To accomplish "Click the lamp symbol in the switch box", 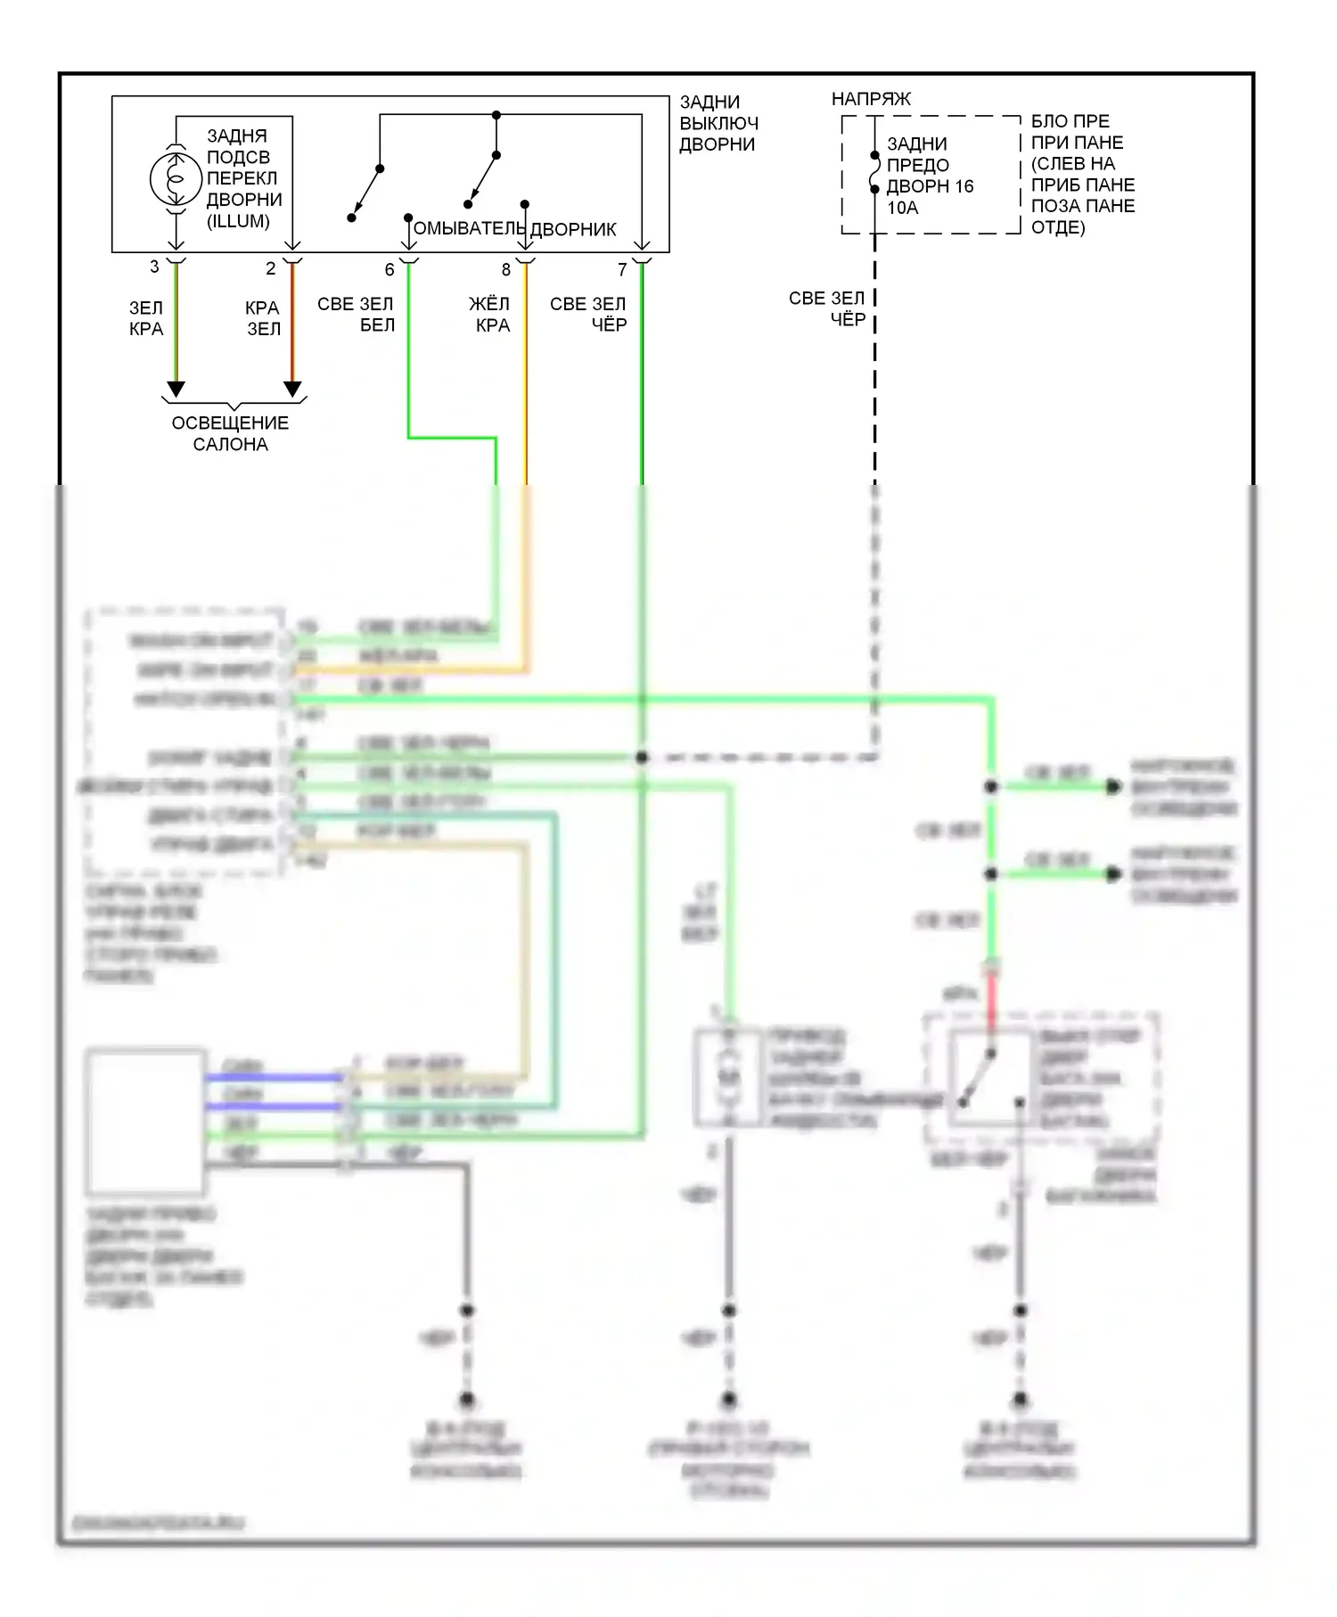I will pos(176,179).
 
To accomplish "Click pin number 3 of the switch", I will pos(154,267).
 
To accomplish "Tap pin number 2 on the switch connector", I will pos(271,267).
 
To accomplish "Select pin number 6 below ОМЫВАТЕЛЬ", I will pos(390,269).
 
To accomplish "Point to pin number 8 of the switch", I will pos(506,269).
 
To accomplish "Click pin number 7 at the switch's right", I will pos(622,269).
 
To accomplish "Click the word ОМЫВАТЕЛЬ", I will pos(469,229).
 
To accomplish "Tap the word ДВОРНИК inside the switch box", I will pos(573,229).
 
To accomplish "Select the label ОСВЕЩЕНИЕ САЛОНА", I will pos(230,433).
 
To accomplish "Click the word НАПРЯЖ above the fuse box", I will pos(871,99).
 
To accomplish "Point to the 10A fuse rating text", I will pos(902,208).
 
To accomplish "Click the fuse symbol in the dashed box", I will pos(874,172).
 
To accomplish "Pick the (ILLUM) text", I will pos(238,221).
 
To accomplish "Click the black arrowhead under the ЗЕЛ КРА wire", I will pos(176,389).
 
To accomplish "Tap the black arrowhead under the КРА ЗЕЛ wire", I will pos(292,389).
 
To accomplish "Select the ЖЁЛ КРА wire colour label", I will pos(489,315).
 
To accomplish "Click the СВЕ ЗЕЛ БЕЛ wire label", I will pos(356,315).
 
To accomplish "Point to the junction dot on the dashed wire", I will pos(642,758).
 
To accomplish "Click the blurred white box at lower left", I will pos(145,1121).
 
